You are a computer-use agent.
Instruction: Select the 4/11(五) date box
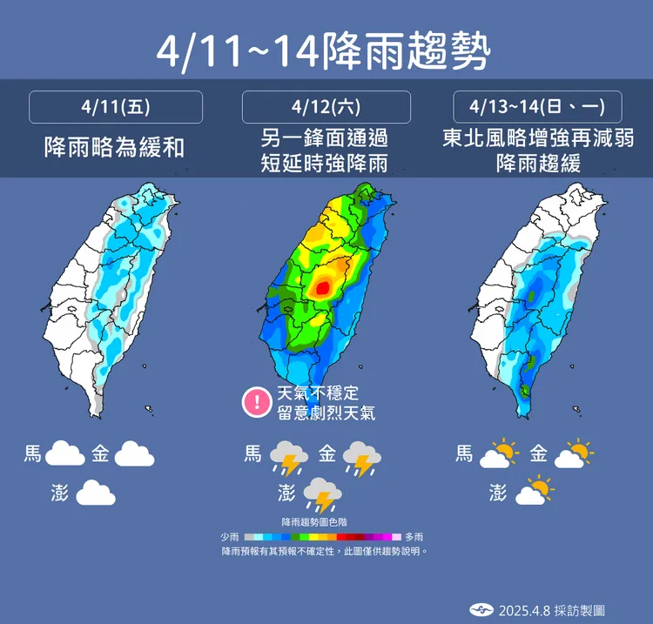116,107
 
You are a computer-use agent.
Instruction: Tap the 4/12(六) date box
326,107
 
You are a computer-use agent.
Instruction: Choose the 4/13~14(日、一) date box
537,107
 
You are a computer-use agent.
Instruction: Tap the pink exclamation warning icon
257,401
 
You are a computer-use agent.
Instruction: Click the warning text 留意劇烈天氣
326,413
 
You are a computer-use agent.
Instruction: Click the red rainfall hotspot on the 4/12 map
322,285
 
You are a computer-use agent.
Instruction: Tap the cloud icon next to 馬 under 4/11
64,453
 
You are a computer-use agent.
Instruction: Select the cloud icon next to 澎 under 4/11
96,494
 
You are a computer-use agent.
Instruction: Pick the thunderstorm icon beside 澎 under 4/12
323,494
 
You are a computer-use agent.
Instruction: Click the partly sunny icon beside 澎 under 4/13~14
535,493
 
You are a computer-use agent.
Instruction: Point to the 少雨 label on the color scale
231,538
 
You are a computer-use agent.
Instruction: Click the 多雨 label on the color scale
414,538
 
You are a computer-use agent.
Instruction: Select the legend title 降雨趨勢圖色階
322,522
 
